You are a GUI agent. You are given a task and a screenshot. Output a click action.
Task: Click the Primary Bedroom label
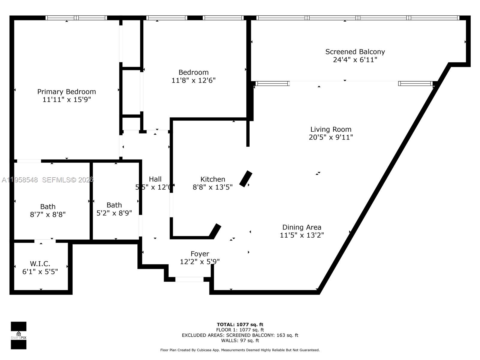[67, 92]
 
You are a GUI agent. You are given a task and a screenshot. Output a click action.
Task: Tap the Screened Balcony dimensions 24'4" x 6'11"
[355, 60]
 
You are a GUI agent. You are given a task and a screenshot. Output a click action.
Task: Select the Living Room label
[331, 129]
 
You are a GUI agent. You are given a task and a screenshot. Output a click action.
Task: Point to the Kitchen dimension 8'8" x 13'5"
[212, 187]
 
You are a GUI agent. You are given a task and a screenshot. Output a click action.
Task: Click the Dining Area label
[301, 227]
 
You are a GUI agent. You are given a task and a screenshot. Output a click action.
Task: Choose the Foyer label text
[200, 254]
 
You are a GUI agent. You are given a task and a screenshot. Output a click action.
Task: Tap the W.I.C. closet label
[40, 264]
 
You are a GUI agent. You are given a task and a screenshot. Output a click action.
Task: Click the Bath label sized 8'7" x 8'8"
[48, 207]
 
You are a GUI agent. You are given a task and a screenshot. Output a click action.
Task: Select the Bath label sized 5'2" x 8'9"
[114, 205]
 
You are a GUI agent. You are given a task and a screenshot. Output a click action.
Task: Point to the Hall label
[155, 179]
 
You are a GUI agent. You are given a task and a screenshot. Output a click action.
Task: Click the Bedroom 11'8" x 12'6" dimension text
[193, 80]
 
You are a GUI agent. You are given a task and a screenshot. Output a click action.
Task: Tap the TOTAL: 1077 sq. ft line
[240, 324]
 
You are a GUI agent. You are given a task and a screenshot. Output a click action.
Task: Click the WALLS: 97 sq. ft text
[240, 340]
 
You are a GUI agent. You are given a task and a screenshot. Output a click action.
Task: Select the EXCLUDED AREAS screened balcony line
[240, 335]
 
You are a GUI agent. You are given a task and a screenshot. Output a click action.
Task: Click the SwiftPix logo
[19, 335]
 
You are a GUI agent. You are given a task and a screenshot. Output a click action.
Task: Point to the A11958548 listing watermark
[20, 180]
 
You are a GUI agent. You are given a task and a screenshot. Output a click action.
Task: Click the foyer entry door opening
[189, 279]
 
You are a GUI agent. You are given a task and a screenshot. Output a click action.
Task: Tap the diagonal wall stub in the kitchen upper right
[246, 179]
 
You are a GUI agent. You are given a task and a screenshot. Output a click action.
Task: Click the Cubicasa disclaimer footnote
[240, 350]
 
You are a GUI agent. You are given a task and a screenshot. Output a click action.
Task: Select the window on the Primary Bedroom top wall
[76, 18]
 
